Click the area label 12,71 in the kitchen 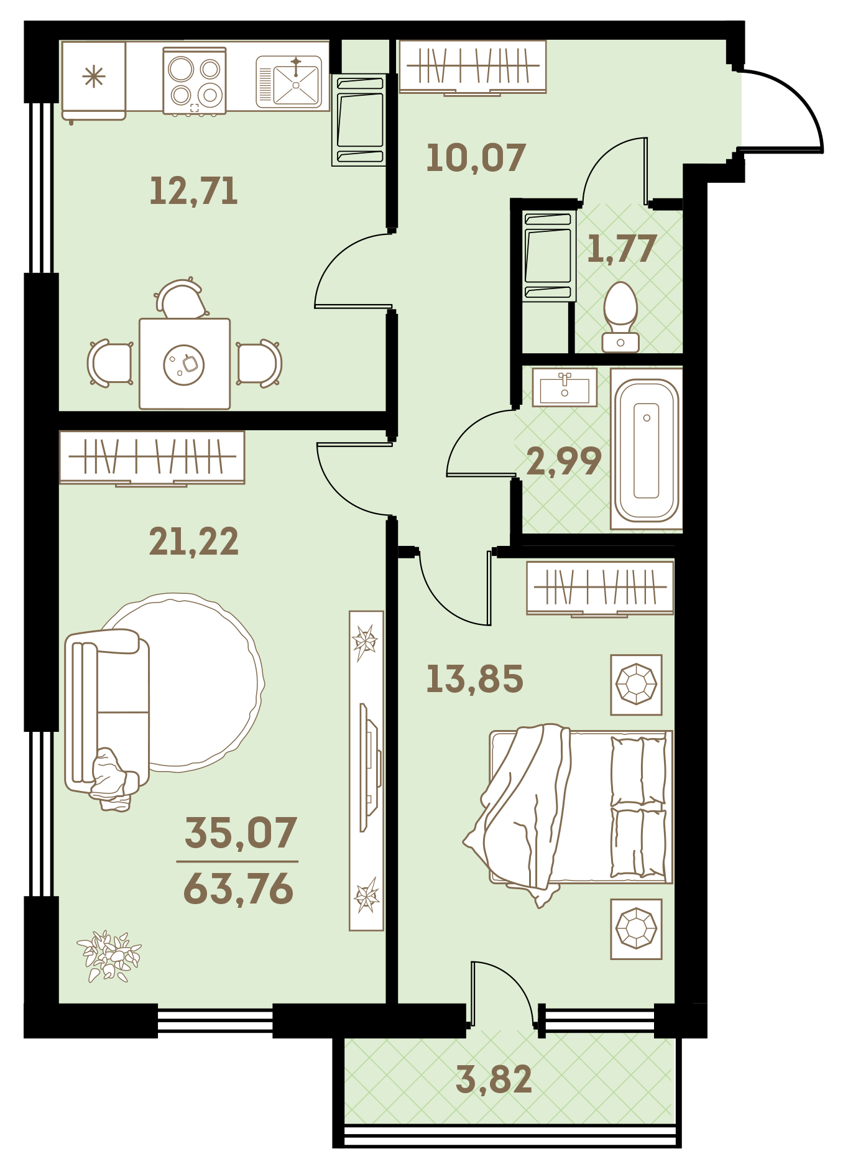(x=193, y=191)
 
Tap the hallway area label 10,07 (x=476, y=158)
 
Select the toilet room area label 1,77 (x=622, y=248)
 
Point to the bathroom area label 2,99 (x=564, y=461)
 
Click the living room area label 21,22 (x=193, y=542)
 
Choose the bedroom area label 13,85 (x=474, y=678)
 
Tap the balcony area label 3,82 (x=494, y=1079)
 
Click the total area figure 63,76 (x=238, y=889)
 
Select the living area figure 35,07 (x=241, y=833)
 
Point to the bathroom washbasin (x=565, y=387)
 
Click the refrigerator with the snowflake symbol (x=94, y=80)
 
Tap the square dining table (x=185, y=364)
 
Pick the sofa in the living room (x=107, y=716)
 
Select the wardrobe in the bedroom (x=600, y=588)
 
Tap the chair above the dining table (x=182, y=299)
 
